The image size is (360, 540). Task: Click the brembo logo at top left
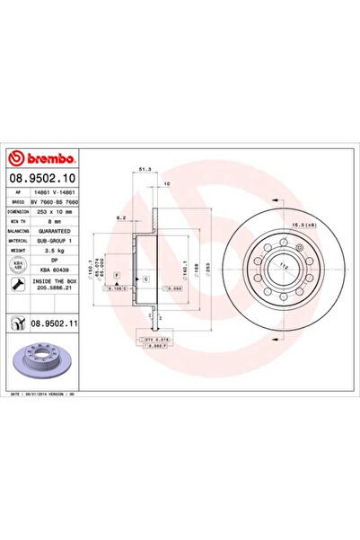point(42,150)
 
